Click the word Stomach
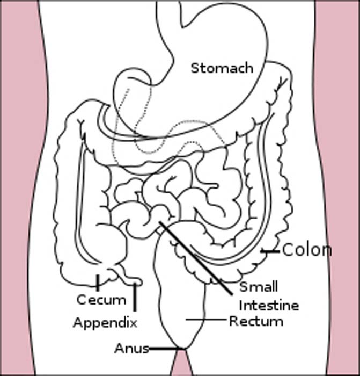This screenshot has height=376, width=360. click(x=222, y=68)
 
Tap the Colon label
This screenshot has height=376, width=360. click(x=306, y=250)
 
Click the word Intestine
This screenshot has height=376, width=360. click(x=268, y=305)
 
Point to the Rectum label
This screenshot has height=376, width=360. click(x=256, y=321)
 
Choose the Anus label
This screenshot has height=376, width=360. click(x=131, y=349)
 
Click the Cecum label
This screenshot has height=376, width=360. click(x=101, y=299)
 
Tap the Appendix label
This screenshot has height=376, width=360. click(x=105, y=323)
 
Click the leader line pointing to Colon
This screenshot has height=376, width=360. click(x=270, y=251)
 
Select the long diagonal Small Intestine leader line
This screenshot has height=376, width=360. click(x=196, y=258)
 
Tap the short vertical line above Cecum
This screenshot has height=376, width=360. click(x=98, y=281)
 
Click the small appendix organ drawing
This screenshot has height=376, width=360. click(x=131, y=279)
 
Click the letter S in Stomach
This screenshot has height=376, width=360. click(x=195, y=68)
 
